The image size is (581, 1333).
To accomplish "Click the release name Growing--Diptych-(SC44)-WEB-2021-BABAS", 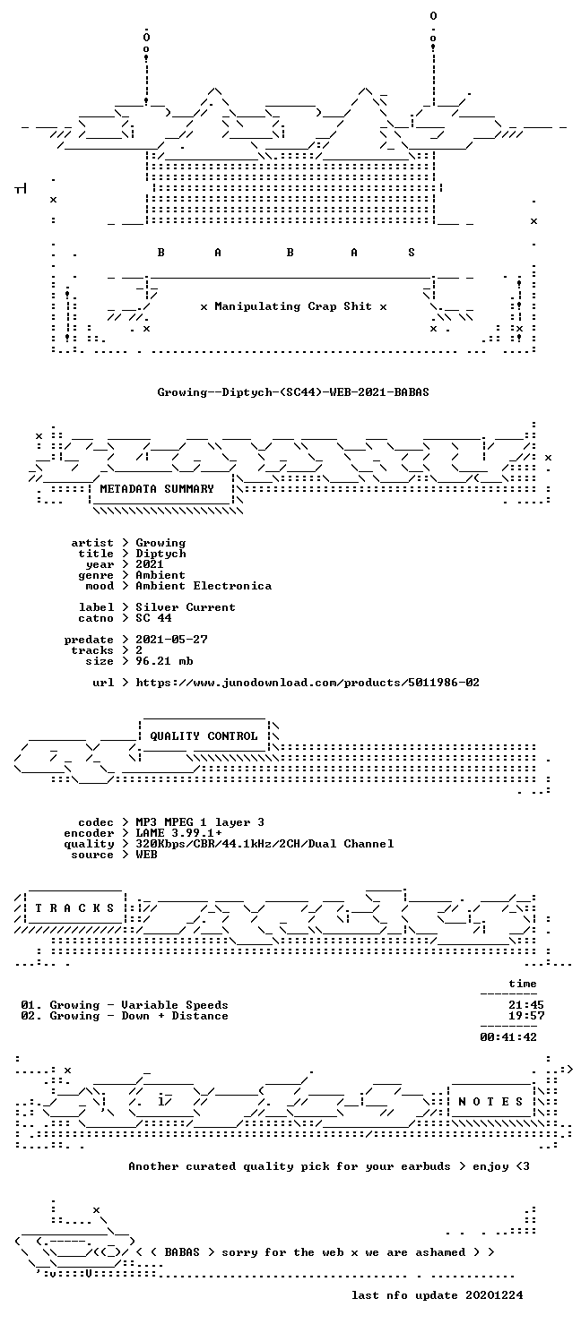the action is [293, 392].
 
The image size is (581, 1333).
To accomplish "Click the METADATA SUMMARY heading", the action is [157, 488].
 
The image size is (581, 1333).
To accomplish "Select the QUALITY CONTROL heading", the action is [204, 736].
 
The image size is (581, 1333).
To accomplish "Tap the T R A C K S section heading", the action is [74, 908].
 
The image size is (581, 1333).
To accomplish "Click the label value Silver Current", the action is [186, 607].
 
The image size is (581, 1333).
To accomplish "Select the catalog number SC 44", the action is [153, 618].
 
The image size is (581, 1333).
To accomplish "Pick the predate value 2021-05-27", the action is [171, 639].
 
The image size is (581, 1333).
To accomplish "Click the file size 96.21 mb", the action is [164, 660].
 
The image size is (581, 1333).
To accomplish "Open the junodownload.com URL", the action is [308, 682].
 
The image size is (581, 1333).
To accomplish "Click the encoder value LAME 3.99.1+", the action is [178, 833].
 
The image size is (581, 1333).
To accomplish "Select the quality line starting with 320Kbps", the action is [264, 844].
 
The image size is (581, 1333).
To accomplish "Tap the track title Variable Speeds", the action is [175, 1005].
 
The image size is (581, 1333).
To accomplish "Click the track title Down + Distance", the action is [175, 1016].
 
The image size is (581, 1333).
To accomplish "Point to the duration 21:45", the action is [526, 1005].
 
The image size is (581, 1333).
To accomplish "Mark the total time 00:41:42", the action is [508, 1037].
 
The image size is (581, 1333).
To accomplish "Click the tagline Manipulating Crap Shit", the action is [293, 306].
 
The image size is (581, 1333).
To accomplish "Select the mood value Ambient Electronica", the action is [204, 586].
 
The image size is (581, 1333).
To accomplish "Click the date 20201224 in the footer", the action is [494, 1295].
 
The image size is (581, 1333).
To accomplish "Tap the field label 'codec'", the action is [96, 822].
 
